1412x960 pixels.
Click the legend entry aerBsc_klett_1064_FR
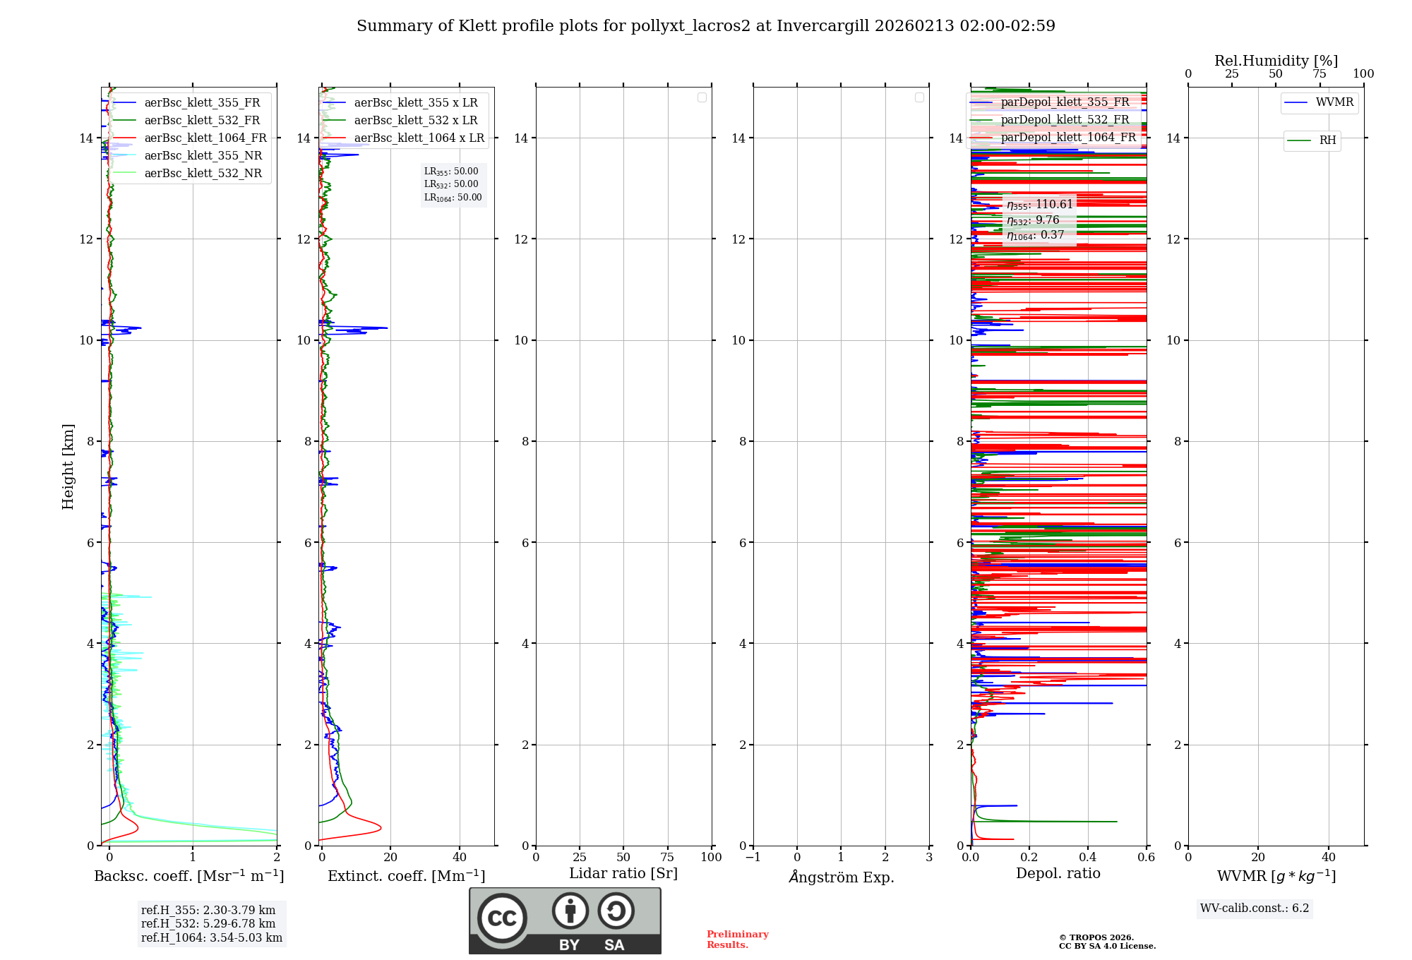click(205, 138)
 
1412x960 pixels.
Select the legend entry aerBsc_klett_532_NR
click(203, 174)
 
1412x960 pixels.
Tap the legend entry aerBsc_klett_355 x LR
click(415, 103)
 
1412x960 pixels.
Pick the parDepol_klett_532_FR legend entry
click(1065, 120)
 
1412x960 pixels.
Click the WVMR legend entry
click(1334, 102)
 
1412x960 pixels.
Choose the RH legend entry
click(1327, 140)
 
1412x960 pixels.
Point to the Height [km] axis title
click(68, 467)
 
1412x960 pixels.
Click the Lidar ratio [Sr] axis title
click(623, 874)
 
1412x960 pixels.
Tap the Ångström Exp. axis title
click(841, 877)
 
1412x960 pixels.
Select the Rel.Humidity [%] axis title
click(1276, 61)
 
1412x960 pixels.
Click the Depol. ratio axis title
click(1058, 874)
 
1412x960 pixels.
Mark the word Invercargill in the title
click(823, 26)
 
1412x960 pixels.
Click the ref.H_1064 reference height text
click(212, 938)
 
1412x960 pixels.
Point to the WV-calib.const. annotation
click(1255, 908)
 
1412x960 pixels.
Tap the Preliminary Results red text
click(737, 940)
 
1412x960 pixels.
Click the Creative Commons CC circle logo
click(502, 918)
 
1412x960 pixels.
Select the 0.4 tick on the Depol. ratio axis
click(1088, 858)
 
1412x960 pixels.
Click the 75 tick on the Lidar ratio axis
click(667, 858)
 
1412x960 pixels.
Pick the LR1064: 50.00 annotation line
click(453, 198)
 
